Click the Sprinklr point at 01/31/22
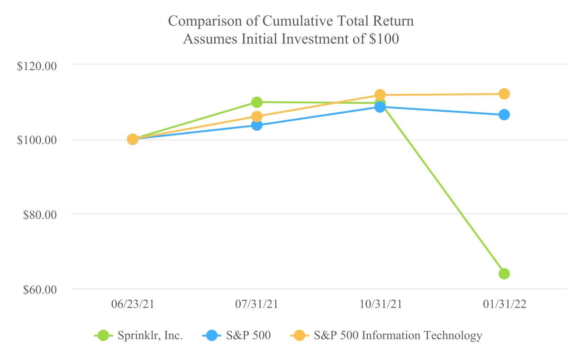(504, 274)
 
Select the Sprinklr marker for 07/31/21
(257, 102)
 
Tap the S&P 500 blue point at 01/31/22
(504, 115)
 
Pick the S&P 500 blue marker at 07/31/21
(257, 125)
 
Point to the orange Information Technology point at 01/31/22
(504, 94)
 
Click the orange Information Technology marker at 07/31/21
(257, 117)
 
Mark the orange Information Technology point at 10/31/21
(380, 95)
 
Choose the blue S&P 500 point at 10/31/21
(380, 107)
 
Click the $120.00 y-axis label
(37, 65)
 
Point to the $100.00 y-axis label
(37, 140)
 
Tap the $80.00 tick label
(40, 215)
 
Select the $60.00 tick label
(40, 289)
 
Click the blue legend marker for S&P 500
(212, 336)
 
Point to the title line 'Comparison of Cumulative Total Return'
(291, 21)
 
